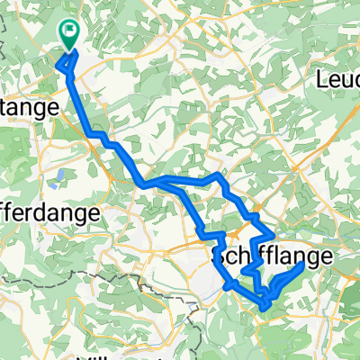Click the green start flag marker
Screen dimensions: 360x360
69,34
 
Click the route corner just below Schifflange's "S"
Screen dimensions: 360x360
224,282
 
